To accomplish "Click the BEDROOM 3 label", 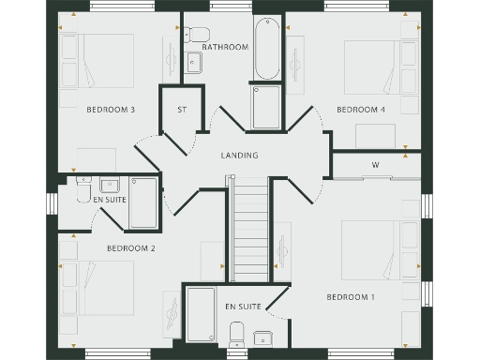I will (x=111, y=110).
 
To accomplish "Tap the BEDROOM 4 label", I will (x=361, y=110).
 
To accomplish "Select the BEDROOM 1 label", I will (x=351, y=297).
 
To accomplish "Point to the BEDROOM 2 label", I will (x=130, y=248).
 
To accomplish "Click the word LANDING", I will (x=239, y=155).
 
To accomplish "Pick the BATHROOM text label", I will (x=225, y=47).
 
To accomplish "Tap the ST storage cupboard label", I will (x=183, y=110).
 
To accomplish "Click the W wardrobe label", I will (x=375, y=166).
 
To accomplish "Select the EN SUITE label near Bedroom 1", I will (x=243, y=307).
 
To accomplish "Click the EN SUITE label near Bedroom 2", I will (x=110, y=200).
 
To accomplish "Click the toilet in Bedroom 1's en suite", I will (x=236, y=333).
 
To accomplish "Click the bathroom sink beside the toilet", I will (x=195, y=63).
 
